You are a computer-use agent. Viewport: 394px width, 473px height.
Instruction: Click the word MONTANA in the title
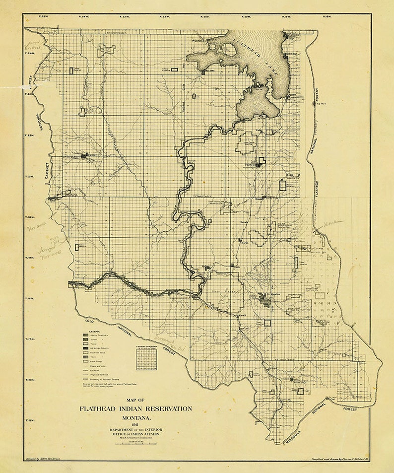coord(135,418)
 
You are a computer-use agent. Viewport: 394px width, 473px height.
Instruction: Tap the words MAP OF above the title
coord(135,400)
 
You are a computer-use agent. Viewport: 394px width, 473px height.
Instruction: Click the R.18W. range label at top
coord(327,17)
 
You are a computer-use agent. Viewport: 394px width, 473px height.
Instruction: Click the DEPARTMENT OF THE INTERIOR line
coord(135,429)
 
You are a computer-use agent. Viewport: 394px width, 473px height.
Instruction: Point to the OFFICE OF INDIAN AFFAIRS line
coord(135,434)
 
